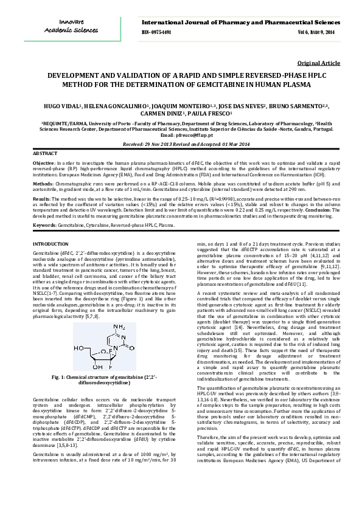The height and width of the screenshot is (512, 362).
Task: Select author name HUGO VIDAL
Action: click(x=63, y=105)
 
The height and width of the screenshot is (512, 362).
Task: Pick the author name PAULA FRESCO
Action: click(x=209, y=113)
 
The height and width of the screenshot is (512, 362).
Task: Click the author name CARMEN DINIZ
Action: click(x=167, y=113)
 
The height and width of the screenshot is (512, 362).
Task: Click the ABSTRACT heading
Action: click(x=45, y=153)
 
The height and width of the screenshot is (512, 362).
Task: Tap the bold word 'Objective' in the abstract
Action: click(x=43, y=164)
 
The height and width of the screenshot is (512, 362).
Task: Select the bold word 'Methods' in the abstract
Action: click(x=42, y=182)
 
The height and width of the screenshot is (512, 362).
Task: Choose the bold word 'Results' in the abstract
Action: click(x=41, y=198)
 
